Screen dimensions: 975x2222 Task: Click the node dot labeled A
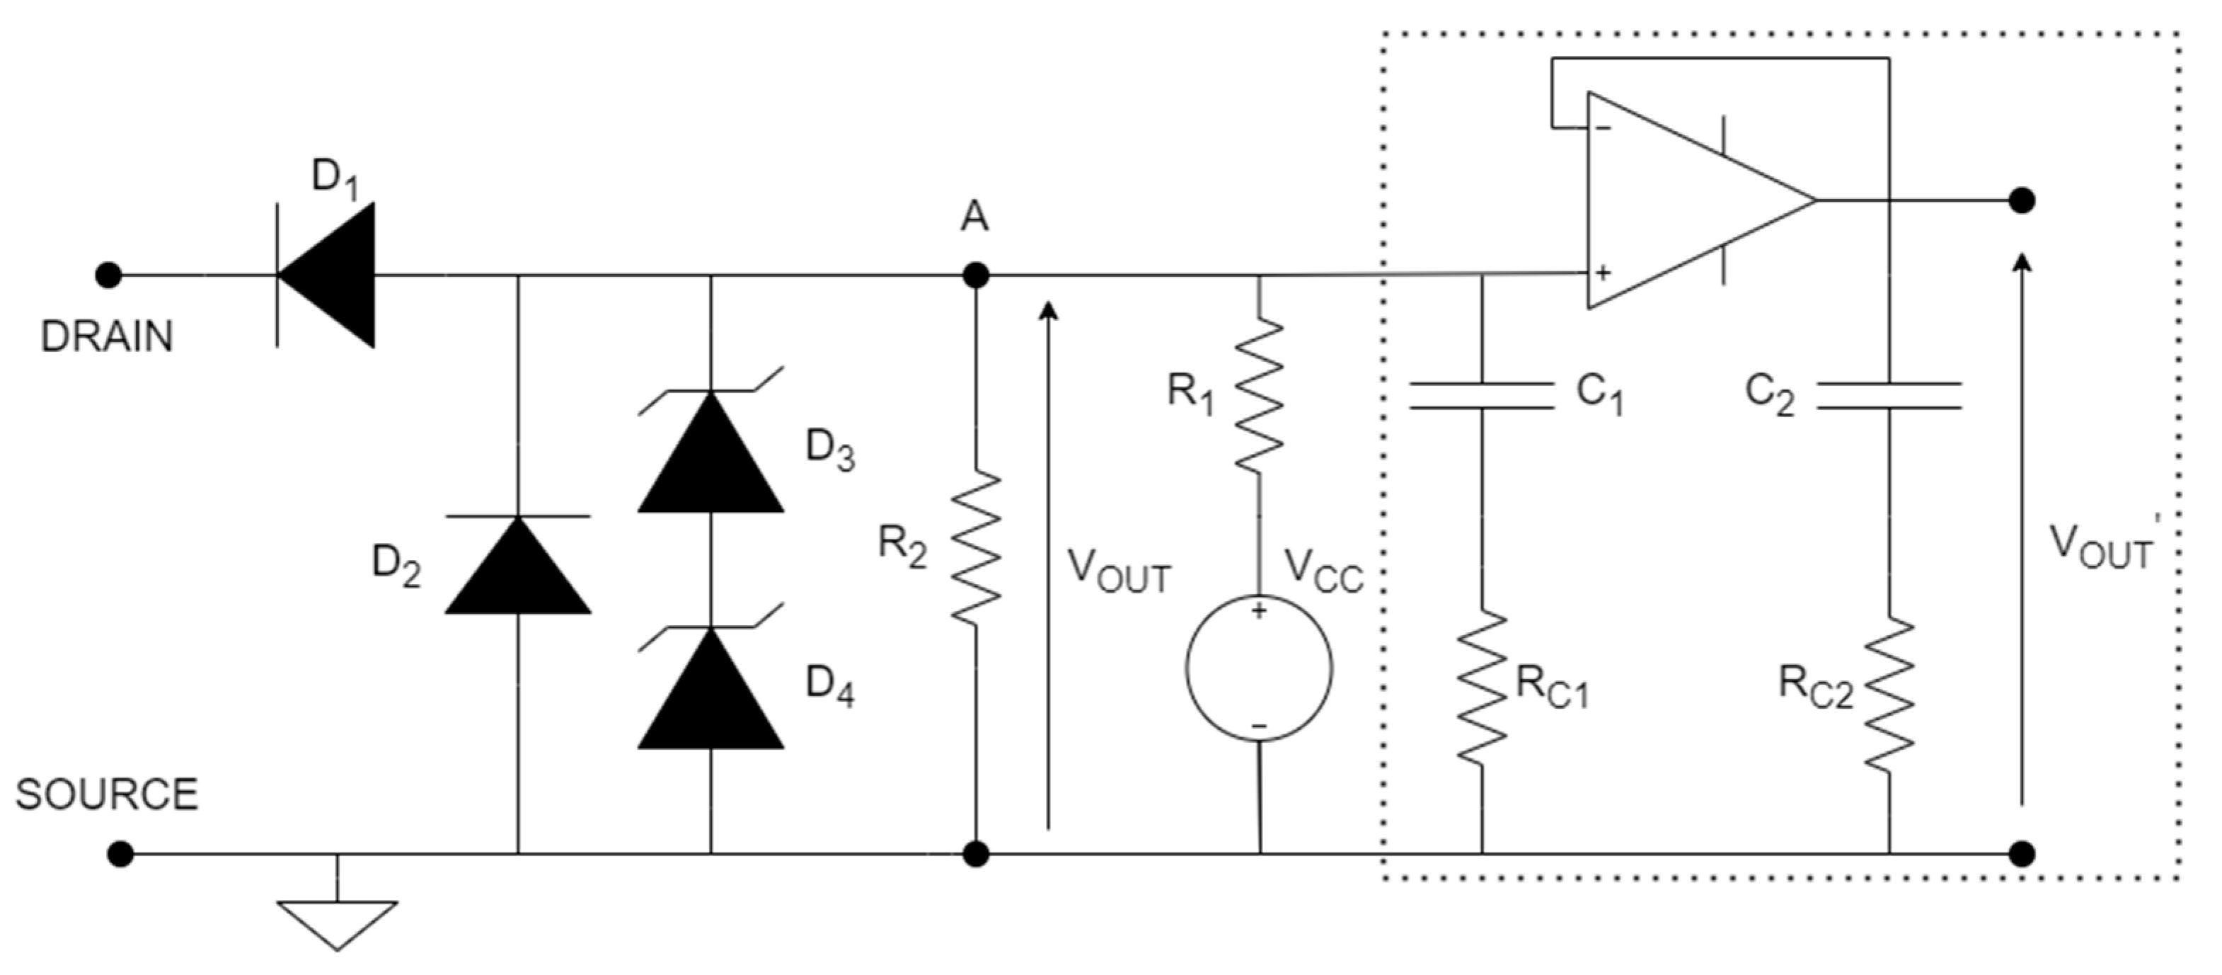point(976,275)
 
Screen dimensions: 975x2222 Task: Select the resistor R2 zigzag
point(976,546)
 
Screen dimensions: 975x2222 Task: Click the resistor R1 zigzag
point(1260,394)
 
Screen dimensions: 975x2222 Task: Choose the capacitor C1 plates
point(1482,395)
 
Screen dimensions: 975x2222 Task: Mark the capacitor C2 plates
point(1889,395)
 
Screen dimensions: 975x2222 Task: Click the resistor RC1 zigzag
point(1482,688)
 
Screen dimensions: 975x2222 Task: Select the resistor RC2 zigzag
point(1889,693)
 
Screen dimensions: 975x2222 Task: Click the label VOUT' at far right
point(2105,546)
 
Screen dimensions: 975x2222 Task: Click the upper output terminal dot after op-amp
point(2022,200)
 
